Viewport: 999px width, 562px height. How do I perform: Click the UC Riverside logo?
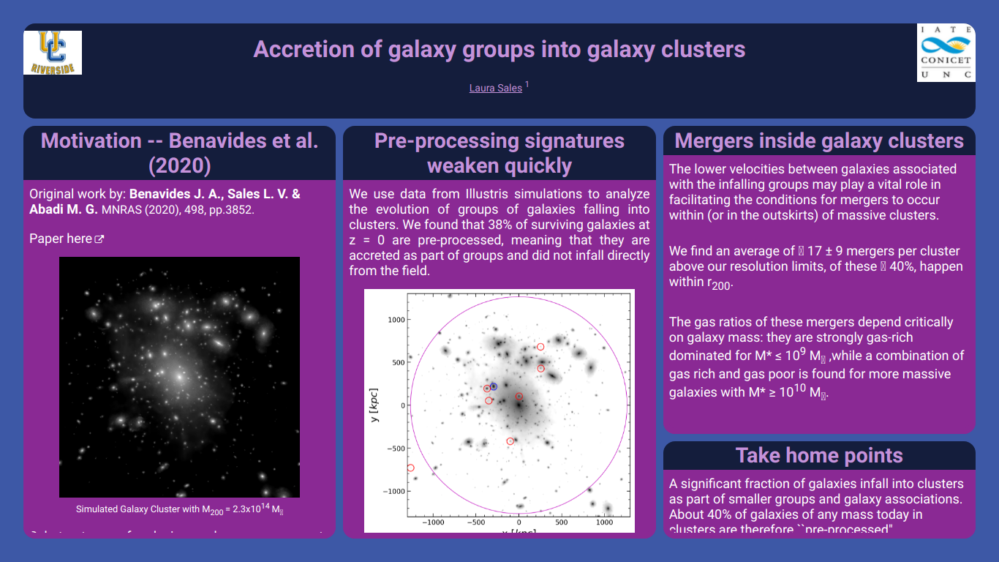coord(53,52)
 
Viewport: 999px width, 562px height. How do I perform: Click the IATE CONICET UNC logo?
coord(946,52)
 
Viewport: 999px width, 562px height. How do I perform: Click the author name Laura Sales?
coord(495,88)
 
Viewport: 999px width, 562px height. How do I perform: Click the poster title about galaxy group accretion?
coord(499,49)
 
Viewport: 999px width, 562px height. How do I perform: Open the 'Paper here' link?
coord(61,239)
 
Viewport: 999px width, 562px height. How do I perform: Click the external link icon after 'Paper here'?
coord(99,239)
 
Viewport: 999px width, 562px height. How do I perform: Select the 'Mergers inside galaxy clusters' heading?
coord(819,140)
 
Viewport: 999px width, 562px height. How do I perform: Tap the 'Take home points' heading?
coord(819,455)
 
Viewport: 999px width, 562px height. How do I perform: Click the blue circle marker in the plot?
coord(493,386)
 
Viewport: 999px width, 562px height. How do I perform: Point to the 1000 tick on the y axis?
coord(395,320)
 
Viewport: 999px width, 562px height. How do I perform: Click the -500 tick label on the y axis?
coord(395,448)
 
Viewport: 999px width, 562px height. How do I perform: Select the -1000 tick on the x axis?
coord(434,522)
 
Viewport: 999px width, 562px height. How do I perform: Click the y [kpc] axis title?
coord(374,405)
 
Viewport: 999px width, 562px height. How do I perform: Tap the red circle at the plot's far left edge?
coord(410,468)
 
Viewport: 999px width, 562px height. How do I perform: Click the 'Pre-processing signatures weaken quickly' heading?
coord(499,153)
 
